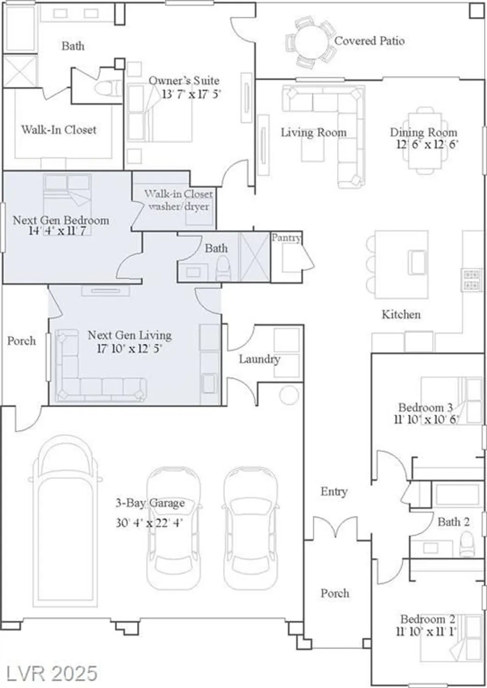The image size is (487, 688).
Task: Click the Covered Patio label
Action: point(369,41)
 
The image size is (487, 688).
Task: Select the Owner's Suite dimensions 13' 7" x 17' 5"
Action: point(191,94)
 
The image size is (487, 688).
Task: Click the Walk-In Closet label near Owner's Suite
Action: point(59,130)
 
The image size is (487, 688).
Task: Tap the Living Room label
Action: point(313,133)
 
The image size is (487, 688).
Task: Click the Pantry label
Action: point(286,238)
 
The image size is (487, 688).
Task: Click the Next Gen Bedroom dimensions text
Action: point(57,231)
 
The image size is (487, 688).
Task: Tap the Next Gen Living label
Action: point(129,335)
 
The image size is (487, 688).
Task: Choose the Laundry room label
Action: point(259,359)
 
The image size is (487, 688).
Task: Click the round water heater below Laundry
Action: point(289,395)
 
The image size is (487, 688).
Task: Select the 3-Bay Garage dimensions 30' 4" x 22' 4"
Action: point(149,522)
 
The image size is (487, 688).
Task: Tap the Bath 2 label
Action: point(453,522)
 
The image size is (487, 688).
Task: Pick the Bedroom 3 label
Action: point(425,407)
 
